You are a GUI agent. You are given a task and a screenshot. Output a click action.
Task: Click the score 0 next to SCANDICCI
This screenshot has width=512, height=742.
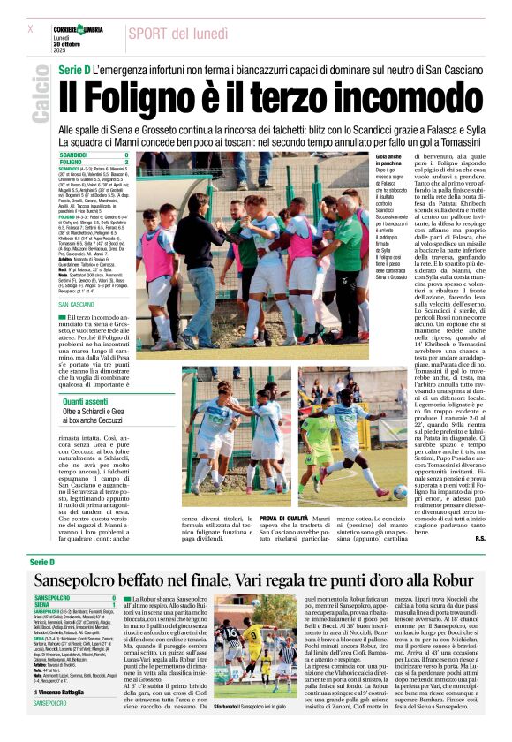tap(127, 155)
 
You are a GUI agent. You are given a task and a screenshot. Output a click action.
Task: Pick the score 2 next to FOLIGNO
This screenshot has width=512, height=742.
tap(127, 162)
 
